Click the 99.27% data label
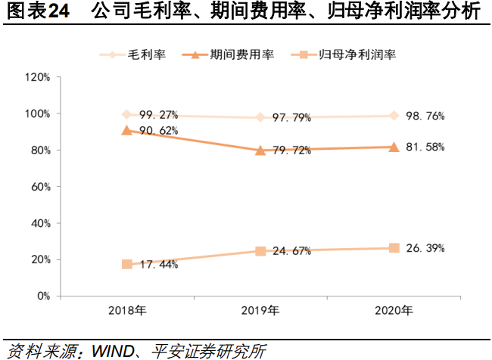(x=159, y=116)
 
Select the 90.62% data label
(x=159, y=131)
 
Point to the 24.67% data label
(x=292, y=251)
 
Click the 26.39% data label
(x=425, y=248)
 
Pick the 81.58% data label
(x=425, y=147)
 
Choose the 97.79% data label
(x=292, y=117)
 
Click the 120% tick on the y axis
(x=37, y=77)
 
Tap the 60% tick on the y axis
(x=40, y=186)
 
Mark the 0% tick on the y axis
(x=43, y=296)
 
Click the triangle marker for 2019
(x=260, y=150)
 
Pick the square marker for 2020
(x=394, y=248)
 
